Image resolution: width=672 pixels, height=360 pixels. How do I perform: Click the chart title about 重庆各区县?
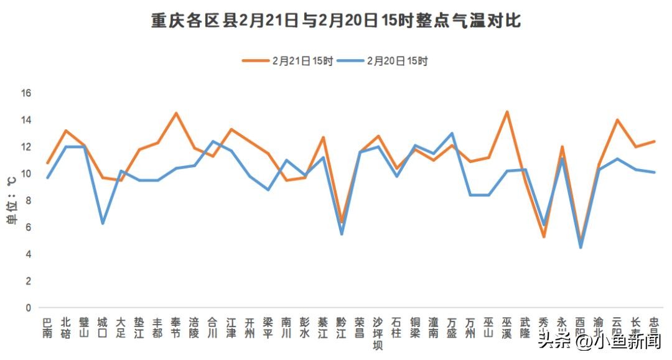click(336, 21)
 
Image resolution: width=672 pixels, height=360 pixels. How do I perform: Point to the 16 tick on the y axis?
click(27, 93)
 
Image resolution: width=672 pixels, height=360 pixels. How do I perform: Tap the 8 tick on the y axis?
click(27, 201)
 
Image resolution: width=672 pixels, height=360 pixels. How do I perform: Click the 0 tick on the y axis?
click(27, 308)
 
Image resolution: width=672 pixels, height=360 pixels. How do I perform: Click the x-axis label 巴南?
click(47, 328)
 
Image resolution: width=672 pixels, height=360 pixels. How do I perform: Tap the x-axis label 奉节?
click(176, 328)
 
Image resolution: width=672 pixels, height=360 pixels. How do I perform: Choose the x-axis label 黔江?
click(341, 328)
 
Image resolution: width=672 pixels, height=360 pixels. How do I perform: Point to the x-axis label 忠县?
click(654, 328)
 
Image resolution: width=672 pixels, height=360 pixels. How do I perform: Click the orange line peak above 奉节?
click(176, 113)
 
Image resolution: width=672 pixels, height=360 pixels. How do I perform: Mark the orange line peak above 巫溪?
click(506, 112)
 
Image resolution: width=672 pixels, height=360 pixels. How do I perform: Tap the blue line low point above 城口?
click(103, 223)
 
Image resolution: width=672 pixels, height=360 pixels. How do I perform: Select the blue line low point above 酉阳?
click(581, 247)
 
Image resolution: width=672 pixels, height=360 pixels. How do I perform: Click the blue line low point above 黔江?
click(341, 234)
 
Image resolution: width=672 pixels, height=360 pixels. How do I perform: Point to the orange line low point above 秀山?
click(544, 237)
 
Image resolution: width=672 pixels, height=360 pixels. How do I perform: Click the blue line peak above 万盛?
click(452, 133)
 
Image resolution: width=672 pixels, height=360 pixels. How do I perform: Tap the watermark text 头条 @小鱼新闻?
click(600, 341)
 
